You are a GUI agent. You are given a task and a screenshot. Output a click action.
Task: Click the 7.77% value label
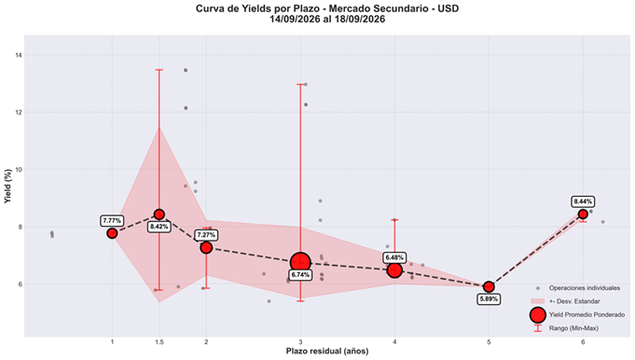[112, 221]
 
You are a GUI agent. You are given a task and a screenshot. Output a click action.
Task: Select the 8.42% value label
[159, 227]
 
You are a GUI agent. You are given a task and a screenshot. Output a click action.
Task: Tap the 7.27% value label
[206, 235]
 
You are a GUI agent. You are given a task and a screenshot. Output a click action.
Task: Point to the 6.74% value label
[300, 275]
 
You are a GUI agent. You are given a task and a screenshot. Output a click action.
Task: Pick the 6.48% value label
[394, 257]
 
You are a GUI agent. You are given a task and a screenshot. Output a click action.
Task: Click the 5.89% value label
[489, 299]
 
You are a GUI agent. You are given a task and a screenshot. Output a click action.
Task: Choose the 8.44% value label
[583, 201]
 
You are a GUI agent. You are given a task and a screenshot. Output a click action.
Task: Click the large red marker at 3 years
[300, 262]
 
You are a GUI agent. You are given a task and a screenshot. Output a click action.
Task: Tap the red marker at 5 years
[489, 286]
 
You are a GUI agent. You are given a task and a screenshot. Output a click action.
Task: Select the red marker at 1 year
[112, 233]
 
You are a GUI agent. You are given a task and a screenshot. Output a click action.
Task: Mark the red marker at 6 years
[583, 214]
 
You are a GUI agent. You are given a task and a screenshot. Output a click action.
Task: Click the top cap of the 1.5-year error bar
[159, 70]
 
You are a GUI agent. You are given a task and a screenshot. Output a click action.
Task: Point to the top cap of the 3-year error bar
[300, 84]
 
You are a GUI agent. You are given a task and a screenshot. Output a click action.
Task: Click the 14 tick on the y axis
[20, 55]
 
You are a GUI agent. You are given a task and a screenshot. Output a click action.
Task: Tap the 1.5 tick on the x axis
[159, 342]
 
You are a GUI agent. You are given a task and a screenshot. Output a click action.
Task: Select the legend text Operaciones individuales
[585, 288]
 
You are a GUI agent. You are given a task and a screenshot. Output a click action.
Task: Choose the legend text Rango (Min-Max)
[573, 328]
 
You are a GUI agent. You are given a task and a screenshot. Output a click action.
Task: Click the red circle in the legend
[538, 314]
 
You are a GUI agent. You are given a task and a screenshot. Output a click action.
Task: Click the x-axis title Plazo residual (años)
[327, 351]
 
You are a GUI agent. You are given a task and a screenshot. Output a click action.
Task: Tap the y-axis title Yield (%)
[7, 186]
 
